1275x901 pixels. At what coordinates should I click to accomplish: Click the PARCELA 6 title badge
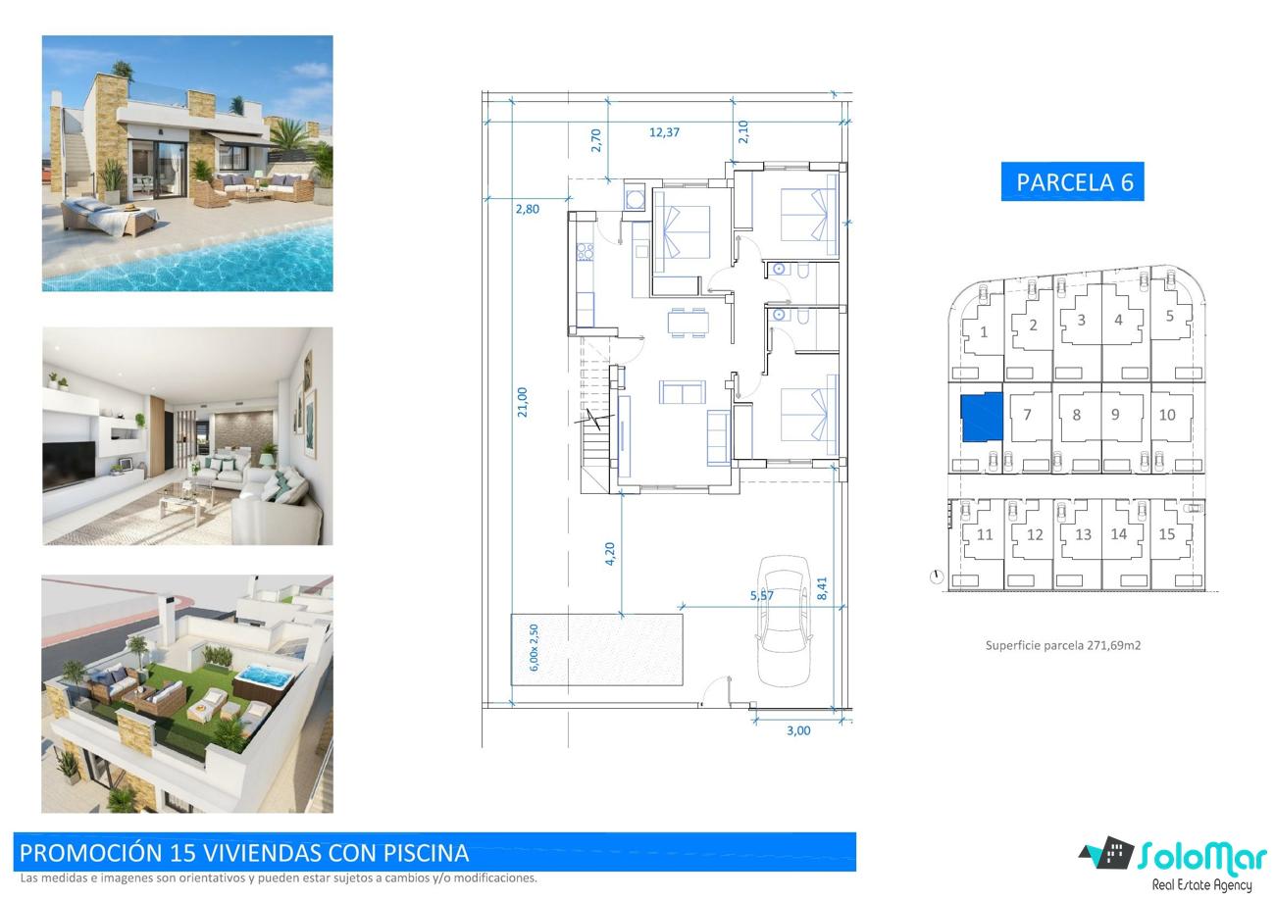tap(1072, 181)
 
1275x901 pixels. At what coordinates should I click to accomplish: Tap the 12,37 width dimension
tap(664, 132)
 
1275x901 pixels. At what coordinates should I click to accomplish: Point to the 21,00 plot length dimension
tap(523, 402)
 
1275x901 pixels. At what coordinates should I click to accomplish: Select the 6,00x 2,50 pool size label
tap(534, 647)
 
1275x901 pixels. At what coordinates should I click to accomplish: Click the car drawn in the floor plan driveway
tap(785, 622)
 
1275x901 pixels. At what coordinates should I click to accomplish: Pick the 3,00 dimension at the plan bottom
tap(798, 731)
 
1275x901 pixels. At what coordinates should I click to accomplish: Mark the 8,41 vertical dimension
tap(822, 588)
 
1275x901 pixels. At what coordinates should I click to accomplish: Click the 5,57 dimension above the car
tap(762, 595)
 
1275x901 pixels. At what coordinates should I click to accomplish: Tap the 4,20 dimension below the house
tap(610, 554)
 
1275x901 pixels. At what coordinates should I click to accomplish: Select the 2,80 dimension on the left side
tap(527, 210)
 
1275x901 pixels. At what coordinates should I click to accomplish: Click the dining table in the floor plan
tap(688, 323)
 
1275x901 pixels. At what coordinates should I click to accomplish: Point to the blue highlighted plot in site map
tap(982, 417)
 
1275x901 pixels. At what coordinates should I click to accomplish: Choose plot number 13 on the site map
tap(1083, 534)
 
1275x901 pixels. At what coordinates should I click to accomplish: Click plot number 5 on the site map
tap(1170, 317)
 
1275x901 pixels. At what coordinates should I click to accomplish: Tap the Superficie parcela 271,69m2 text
tap(1063, 646)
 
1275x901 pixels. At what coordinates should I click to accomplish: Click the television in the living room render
tap(69, 466)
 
